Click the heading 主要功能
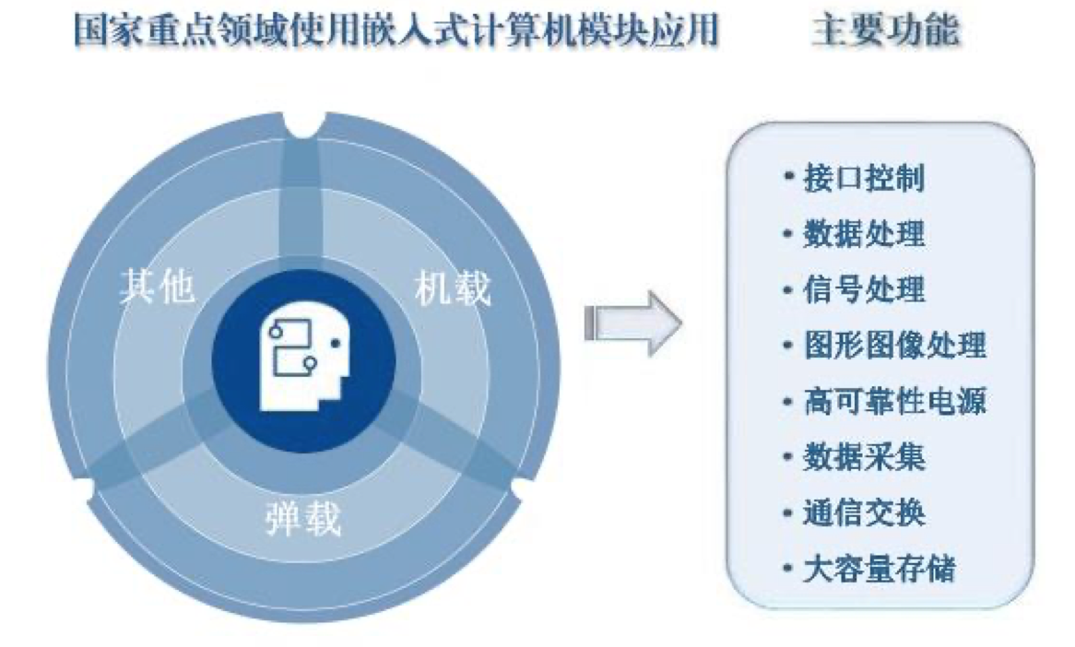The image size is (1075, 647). pyautogui.click(x=885, y=30)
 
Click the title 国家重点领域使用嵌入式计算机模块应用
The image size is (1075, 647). pyautogui.click(x=396, y=30)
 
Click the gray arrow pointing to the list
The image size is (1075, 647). pyautogui.click(x=632, y=323)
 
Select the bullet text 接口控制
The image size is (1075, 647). pyautogui.click(x=863, y=177)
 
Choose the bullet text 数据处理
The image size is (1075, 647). pyautogui.click(x=863, y=233)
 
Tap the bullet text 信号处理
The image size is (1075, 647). pyautogui.click(x=863, y=289)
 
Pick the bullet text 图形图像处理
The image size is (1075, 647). pyautogui.click(x=893, y=346)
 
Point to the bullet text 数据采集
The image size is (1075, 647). pyautogui.click(x=863, y=457)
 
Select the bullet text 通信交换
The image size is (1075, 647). pyautogui.click(x=863, y=513)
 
